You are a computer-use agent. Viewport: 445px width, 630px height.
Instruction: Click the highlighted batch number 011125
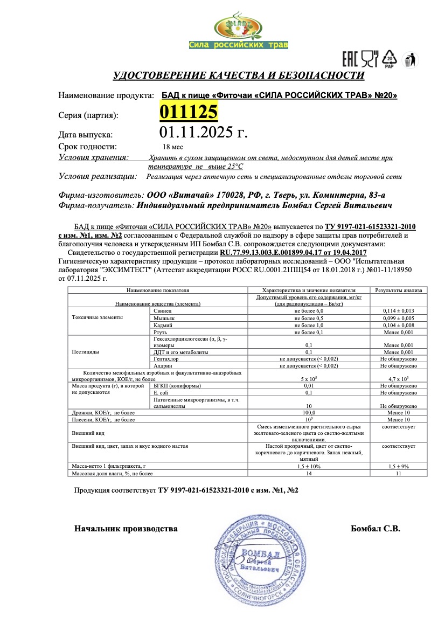(188, 113)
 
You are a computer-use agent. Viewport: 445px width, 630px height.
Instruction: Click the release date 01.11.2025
(203, 132)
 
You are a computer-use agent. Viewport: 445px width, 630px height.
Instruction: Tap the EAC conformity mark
(350, 58)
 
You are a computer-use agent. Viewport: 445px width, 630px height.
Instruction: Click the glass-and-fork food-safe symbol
(370, 58)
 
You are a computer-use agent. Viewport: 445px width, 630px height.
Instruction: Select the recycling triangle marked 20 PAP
(389, 59)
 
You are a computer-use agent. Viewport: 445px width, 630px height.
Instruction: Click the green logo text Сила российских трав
(238, 45)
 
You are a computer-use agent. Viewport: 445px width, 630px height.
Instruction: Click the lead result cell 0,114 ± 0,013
(398, 311)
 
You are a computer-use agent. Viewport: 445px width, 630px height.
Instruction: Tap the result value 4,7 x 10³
(398, 379)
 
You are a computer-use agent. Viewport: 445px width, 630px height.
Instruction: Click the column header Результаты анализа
(398, 290)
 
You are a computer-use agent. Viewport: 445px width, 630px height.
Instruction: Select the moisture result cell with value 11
(398, 473)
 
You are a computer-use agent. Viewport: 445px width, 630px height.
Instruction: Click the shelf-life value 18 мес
(173, 147)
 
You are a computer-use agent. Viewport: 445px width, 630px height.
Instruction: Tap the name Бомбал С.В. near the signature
(375, 529)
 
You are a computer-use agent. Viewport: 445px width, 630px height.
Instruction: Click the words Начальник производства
(126, 529)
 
